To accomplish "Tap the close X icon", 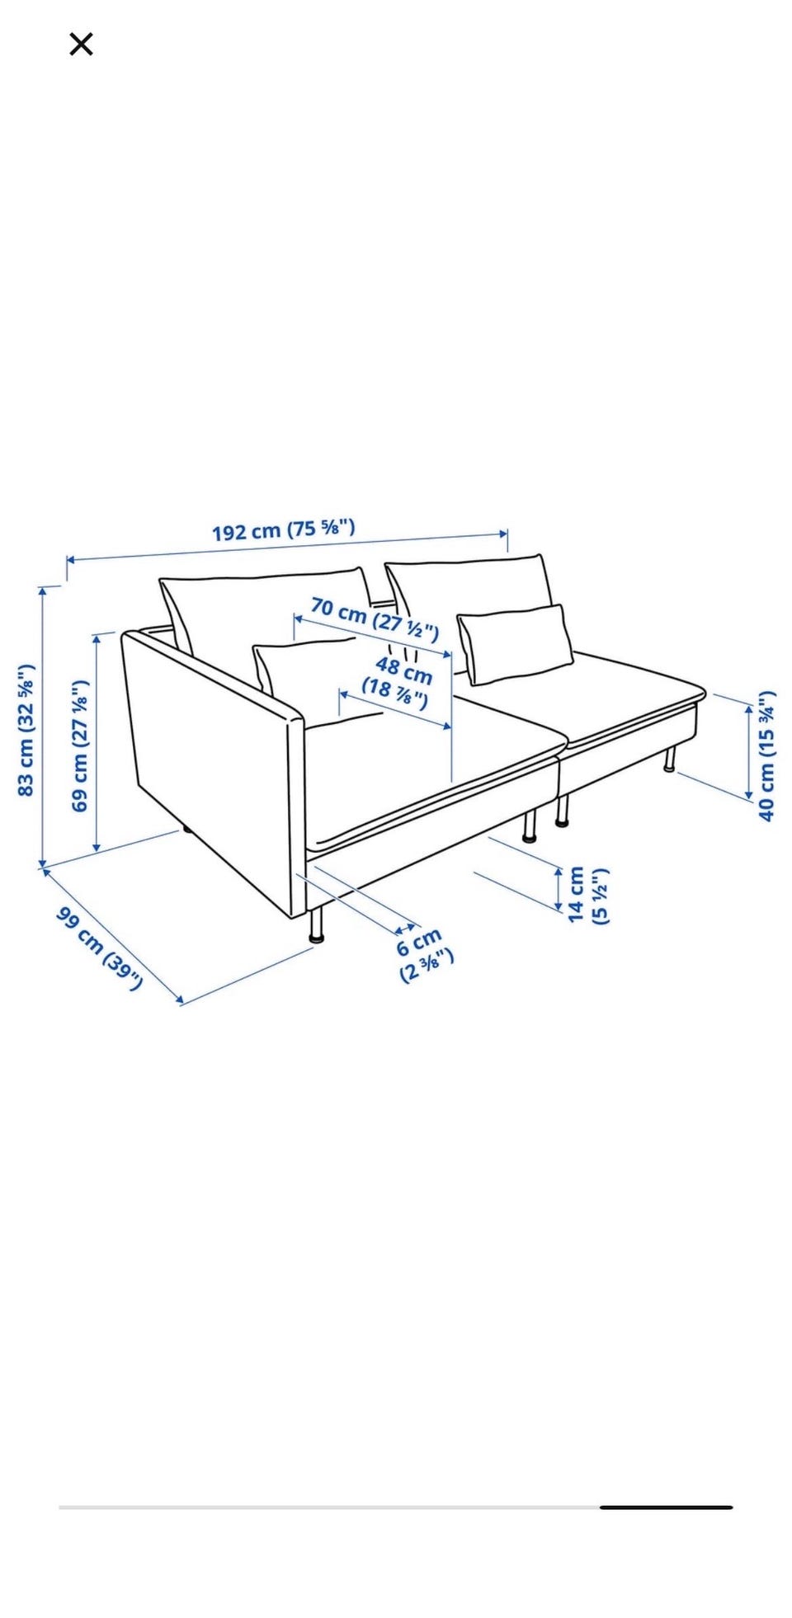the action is tap(81, 44).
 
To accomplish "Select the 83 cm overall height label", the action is tap(26, 729).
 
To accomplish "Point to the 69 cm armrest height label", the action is tap(79, 746).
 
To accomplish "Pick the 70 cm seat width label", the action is tap(375, 618).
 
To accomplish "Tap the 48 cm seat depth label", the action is tap(399, 681).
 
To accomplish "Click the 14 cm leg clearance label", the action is tap(587, 894).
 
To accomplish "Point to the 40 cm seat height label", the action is tap(766, 755).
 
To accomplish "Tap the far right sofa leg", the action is tap(670, 759).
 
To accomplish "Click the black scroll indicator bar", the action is tap(666, 1507).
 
